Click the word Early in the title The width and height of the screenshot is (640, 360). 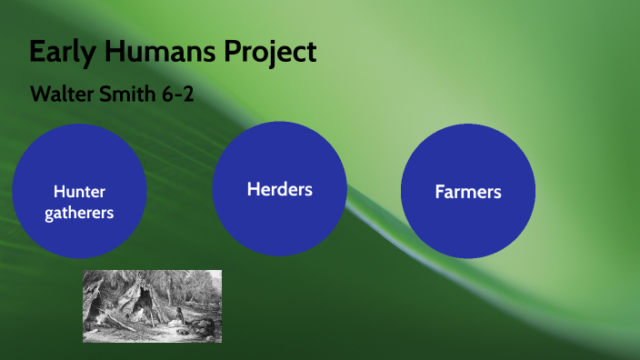pyautogui.click(x=62, y=52)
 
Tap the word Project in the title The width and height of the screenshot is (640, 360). pyautogui.click(x=273, y=52)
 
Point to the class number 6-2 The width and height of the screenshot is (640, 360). pyautogui.click(x=176, y=94)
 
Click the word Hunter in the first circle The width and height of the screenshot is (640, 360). pyautogui.click(x=79, y=191)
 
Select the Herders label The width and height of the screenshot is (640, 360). pyautogui.click(x=279, y=189)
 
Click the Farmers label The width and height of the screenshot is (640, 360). pyautogui.click(x=467, y=192)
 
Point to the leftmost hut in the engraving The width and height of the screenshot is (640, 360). pyautogui.click(x=94, y=305)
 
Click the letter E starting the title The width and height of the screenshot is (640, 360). pyautogui.click(x=37, y=52)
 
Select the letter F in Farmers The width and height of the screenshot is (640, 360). pyautogui.click(x=439, y=192)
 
